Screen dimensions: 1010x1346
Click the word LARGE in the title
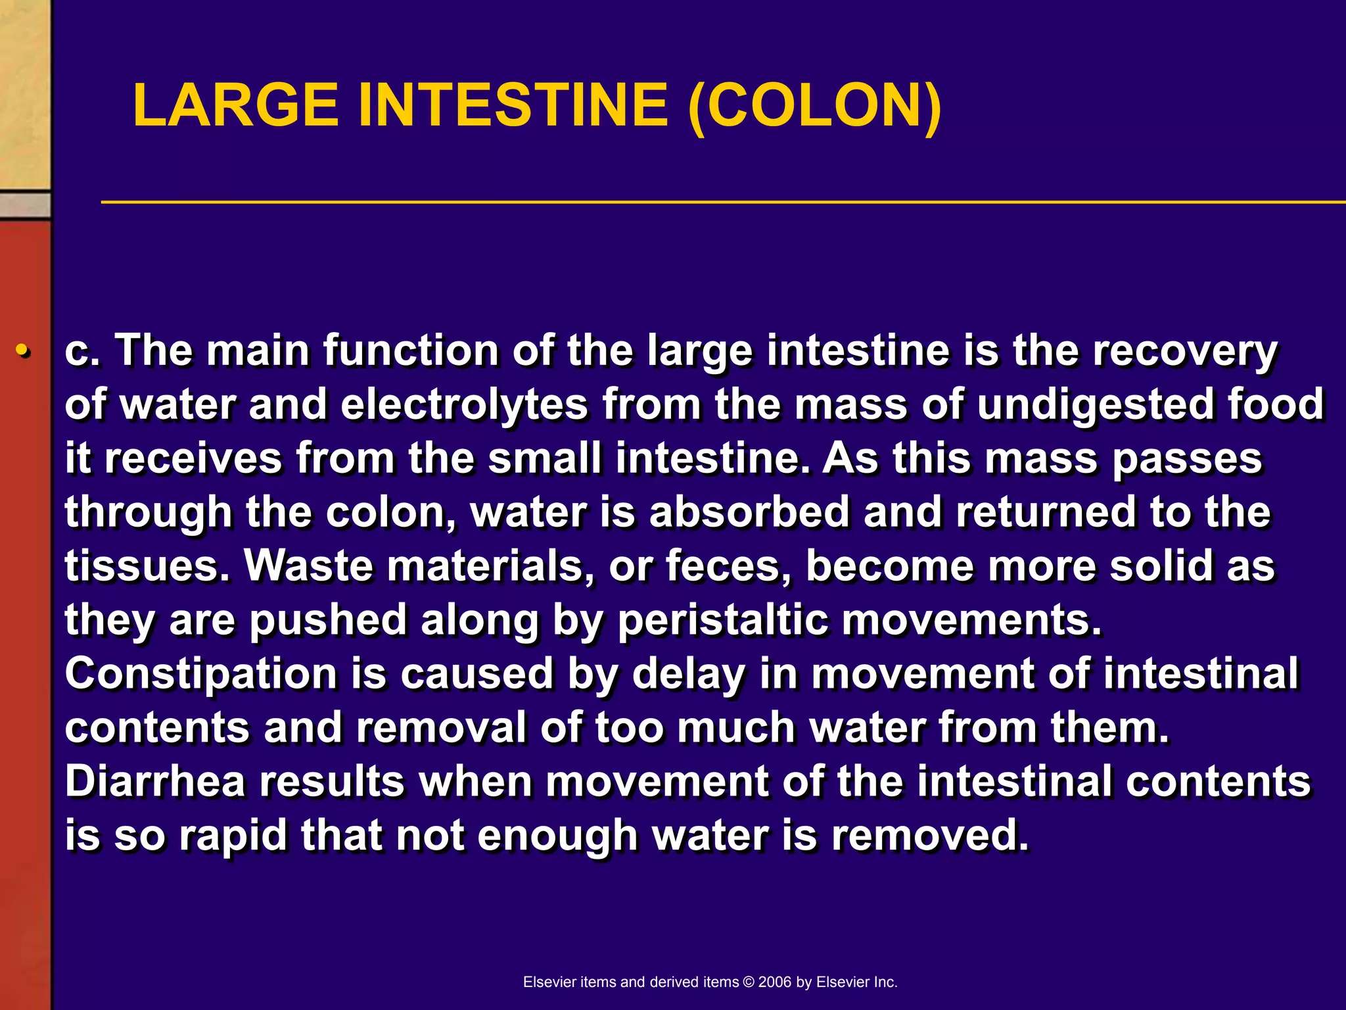[x=235, y=105]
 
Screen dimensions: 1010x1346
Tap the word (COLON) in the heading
[x=814, y=105]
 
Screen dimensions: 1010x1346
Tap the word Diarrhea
[x=155, y=781]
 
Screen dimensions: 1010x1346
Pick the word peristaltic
[x=723, y=620]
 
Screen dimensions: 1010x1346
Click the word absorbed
[x=749, y=512]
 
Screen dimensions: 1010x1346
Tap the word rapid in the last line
[x=233, y=835]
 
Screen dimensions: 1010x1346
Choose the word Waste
[x=308, y=566]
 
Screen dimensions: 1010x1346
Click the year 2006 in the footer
[x=774, y=982]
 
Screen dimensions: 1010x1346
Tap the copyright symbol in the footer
[x=749, y=982]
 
